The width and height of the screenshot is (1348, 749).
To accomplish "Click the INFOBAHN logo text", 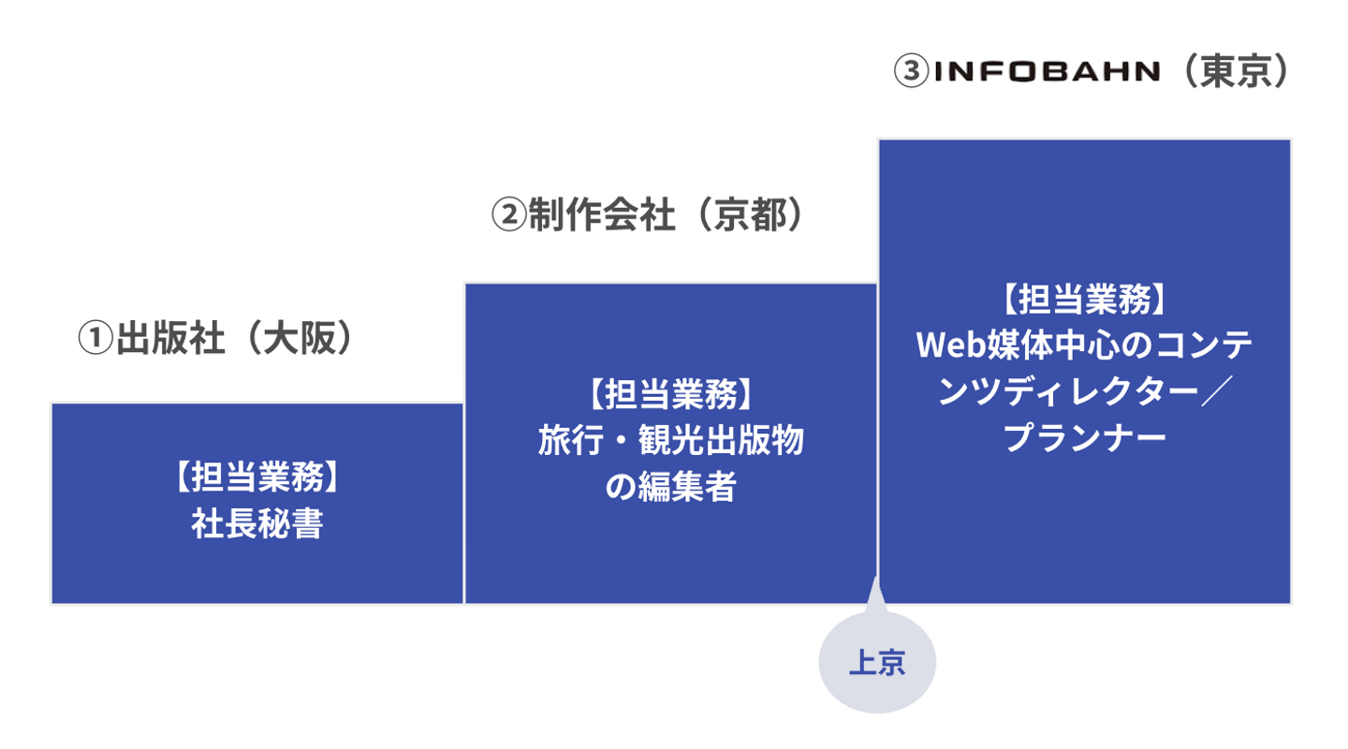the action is click(1047, 72).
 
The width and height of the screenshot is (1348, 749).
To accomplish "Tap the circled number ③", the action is click(911, 71).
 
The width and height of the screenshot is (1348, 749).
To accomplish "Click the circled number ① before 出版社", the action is click(95, 338).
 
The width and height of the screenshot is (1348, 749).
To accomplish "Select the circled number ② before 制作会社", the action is click(509, 214).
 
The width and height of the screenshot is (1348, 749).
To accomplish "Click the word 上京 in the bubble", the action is click(877, 662).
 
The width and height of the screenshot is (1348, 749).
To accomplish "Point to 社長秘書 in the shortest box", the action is click(257, 523).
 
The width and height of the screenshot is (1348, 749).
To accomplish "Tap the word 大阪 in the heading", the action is click(300, 338).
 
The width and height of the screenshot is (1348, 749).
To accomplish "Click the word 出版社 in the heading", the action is click(170, 338).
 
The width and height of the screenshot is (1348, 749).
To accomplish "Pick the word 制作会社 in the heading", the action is click(601, 214).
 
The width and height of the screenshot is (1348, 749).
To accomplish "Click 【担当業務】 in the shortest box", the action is click(257, 477).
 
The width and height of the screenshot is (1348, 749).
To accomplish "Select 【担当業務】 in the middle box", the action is click(670, 394).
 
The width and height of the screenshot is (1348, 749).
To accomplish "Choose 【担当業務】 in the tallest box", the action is click(1085, 300).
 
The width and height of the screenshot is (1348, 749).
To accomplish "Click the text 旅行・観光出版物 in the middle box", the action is click(670, 441).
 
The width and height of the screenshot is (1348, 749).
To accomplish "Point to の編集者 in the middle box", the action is click(670, 487).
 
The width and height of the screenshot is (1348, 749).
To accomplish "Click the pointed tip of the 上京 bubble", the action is click(876, 577).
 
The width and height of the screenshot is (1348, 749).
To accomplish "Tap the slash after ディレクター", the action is click(1217, 391).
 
